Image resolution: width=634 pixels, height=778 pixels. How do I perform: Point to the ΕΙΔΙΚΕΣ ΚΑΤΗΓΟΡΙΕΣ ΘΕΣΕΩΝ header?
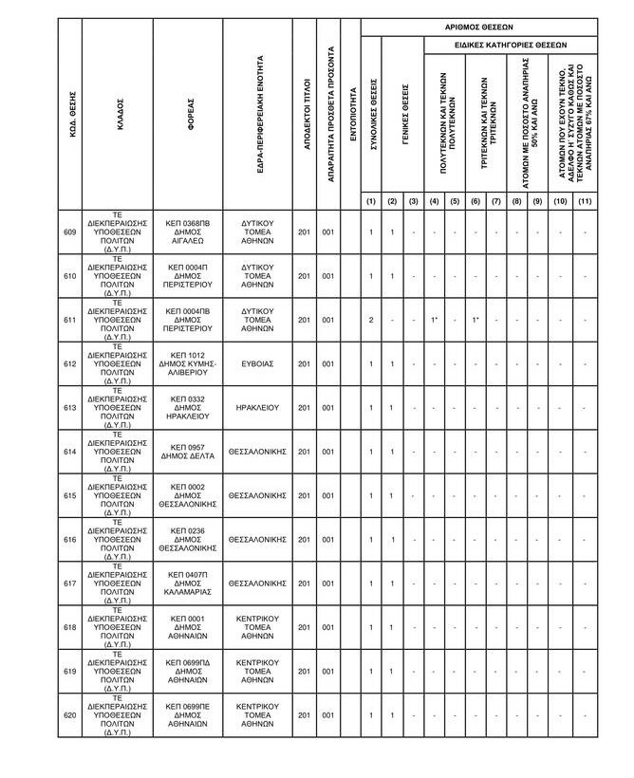pyautogui.click(x=510, y=45)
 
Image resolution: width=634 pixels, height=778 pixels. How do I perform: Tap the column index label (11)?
pyautogui.click(x=585, y=201)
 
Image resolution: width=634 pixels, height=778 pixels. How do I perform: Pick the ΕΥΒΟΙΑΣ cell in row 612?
pyautogui.click(x=257, y=363)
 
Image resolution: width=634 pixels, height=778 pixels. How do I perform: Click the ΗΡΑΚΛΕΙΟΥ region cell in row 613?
pyautogui.click(x=257, y=408)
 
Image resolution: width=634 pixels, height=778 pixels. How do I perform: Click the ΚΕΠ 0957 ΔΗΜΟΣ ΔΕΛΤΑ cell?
pyautogui.click(x=187, y=452)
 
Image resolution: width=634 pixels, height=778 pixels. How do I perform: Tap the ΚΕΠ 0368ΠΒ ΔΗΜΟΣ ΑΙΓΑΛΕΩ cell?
pyautogui.click(x=187, y=232)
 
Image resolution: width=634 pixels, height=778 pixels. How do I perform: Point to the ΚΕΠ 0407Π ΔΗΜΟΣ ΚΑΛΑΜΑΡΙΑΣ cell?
pyautogui.click(x=187, y=583)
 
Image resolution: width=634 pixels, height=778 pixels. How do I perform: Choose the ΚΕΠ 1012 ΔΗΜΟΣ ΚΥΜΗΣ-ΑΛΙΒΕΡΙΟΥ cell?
pyautogui.click(x=187, y=363)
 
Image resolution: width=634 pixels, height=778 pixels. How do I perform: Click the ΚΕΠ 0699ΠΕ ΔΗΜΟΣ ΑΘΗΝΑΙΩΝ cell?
pyautogui.click(x=187, y=715)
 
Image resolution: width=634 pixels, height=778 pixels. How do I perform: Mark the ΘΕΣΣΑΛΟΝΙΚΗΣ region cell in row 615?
pyautogui.click(x=257, y=495)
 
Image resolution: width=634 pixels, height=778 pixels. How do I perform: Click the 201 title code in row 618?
pyautogui.click(x=304, y=628)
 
